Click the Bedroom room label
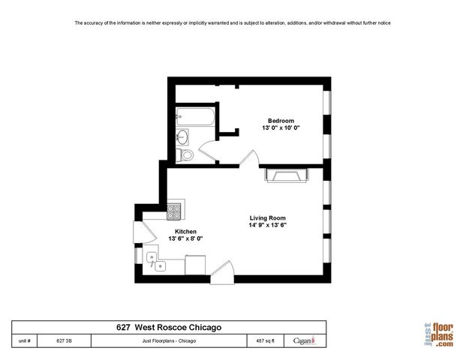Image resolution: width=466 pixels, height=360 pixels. pyautogui.click(x=281, y=121)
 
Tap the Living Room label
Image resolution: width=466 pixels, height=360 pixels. pyautogui.click(x=268, y=217)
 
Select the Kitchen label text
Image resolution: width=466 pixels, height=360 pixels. pyautogui.click(x=186, y=231)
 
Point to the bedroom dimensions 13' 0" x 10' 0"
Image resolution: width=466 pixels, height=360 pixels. pyautogui.click(x=281, y=128)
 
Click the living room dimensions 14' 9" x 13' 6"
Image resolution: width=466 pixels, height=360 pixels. pyautogui.click(x=268, y=225)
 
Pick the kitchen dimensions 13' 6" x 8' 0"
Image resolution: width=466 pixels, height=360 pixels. pyautogui.click(x=186, y=238)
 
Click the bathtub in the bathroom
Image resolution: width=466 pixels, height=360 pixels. pyautogui.click(x=195, y=118)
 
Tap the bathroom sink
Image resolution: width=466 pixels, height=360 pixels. pyautogui.click(x=182, y=137)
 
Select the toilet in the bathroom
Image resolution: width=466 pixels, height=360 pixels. pyautogui.click(x=185, y=155)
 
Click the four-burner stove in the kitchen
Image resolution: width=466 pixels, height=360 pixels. pyautogui.click(x=175, y=211)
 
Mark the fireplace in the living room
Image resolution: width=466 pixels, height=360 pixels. pyautogui.click(x=285, y=175)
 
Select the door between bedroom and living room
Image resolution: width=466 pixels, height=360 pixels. pyautogui.click(x=251, y=159)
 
